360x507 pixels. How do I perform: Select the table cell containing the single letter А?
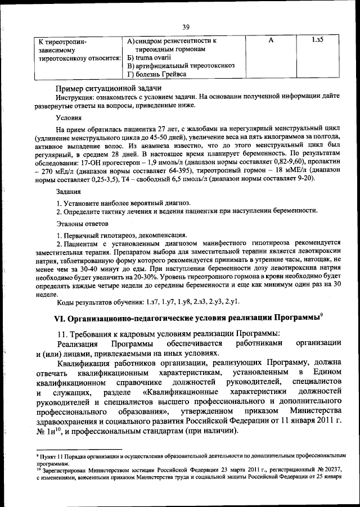tap(271, 40)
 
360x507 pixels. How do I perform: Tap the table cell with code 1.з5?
tap(318, 40)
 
